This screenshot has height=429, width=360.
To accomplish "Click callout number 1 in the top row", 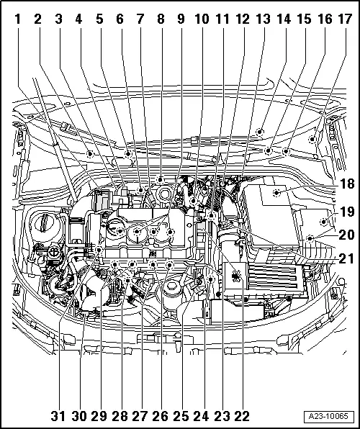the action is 17,19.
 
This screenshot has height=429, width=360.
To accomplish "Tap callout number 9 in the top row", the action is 181,19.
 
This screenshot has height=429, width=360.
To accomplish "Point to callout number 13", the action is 263,19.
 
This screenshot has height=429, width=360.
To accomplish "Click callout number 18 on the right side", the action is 347,184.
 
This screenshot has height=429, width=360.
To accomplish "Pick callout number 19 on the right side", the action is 347,212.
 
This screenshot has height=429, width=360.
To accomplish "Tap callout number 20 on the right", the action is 347,235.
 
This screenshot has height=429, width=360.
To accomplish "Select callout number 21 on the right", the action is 347,258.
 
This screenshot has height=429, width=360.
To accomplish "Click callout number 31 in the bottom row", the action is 58,417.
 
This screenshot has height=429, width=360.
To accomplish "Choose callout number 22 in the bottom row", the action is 242,417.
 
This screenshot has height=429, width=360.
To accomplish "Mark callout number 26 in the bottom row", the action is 161,417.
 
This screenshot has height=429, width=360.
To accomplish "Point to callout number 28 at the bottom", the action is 120,417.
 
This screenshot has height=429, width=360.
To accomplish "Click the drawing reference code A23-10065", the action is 328,417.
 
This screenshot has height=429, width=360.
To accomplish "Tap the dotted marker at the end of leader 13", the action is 260,132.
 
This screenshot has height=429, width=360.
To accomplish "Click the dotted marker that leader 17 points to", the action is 312,139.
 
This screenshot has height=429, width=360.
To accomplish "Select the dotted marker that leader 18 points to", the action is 276,193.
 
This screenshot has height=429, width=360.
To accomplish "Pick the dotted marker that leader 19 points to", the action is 324,222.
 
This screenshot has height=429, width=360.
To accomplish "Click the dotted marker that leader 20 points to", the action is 310,239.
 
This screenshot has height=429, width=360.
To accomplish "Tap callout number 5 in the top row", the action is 99,19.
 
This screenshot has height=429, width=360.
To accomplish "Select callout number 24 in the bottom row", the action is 201,417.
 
